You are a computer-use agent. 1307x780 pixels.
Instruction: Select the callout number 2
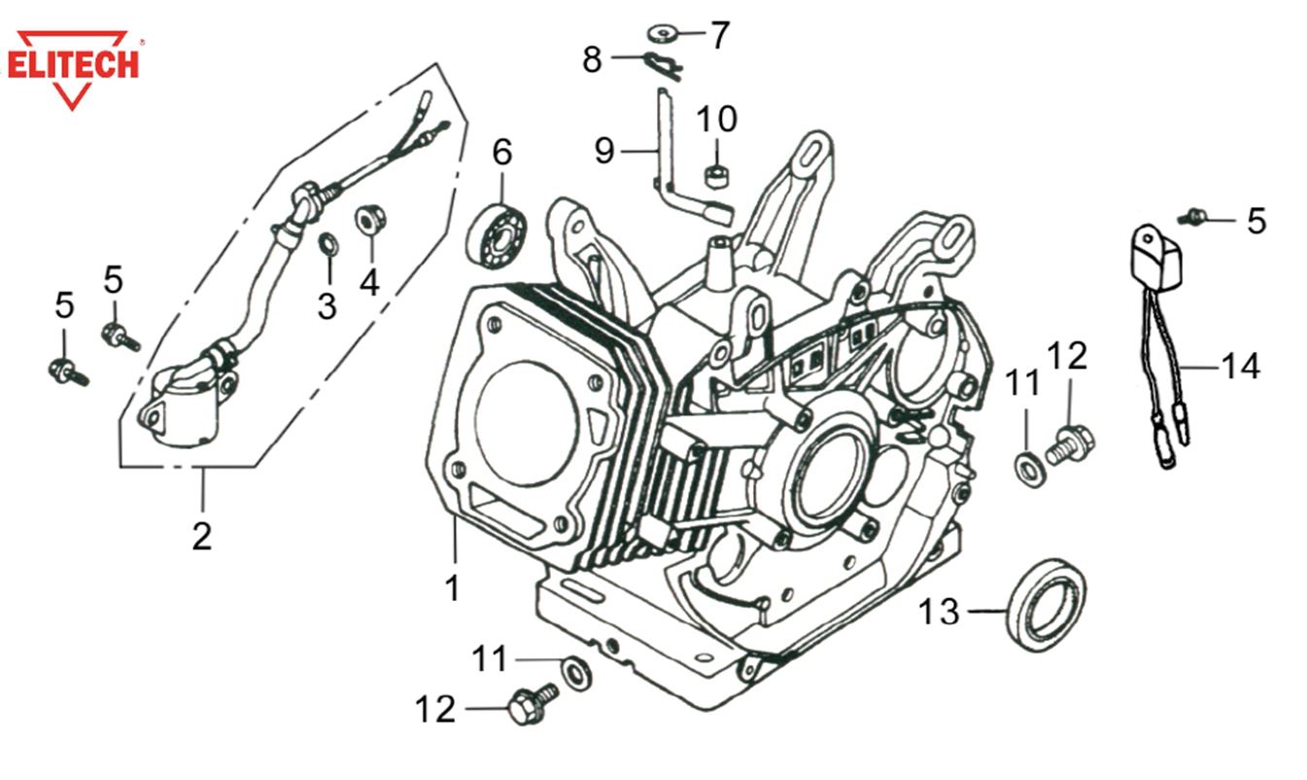click(x=201, y=536)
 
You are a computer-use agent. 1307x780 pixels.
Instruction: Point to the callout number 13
click(x=939, y=613)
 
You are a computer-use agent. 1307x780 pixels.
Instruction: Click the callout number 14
click(x=1240, y=367)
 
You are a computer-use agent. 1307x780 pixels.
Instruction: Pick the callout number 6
click(x=501, y=153)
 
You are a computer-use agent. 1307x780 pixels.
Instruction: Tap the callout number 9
click(x=604, y=152)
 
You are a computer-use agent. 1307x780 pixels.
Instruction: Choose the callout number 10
click(x=716, y=120)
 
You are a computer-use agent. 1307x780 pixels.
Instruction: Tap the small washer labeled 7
click(x=663, y=35)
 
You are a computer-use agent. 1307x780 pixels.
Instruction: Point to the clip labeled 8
click(x=664, y=64)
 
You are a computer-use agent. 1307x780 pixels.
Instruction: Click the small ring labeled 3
click(x=328, y=243)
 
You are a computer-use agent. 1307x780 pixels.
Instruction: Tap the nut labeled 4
click(x=369, y=218)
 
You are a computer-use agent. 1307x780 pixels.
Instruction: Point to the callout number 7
click(x=719, y=36)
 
